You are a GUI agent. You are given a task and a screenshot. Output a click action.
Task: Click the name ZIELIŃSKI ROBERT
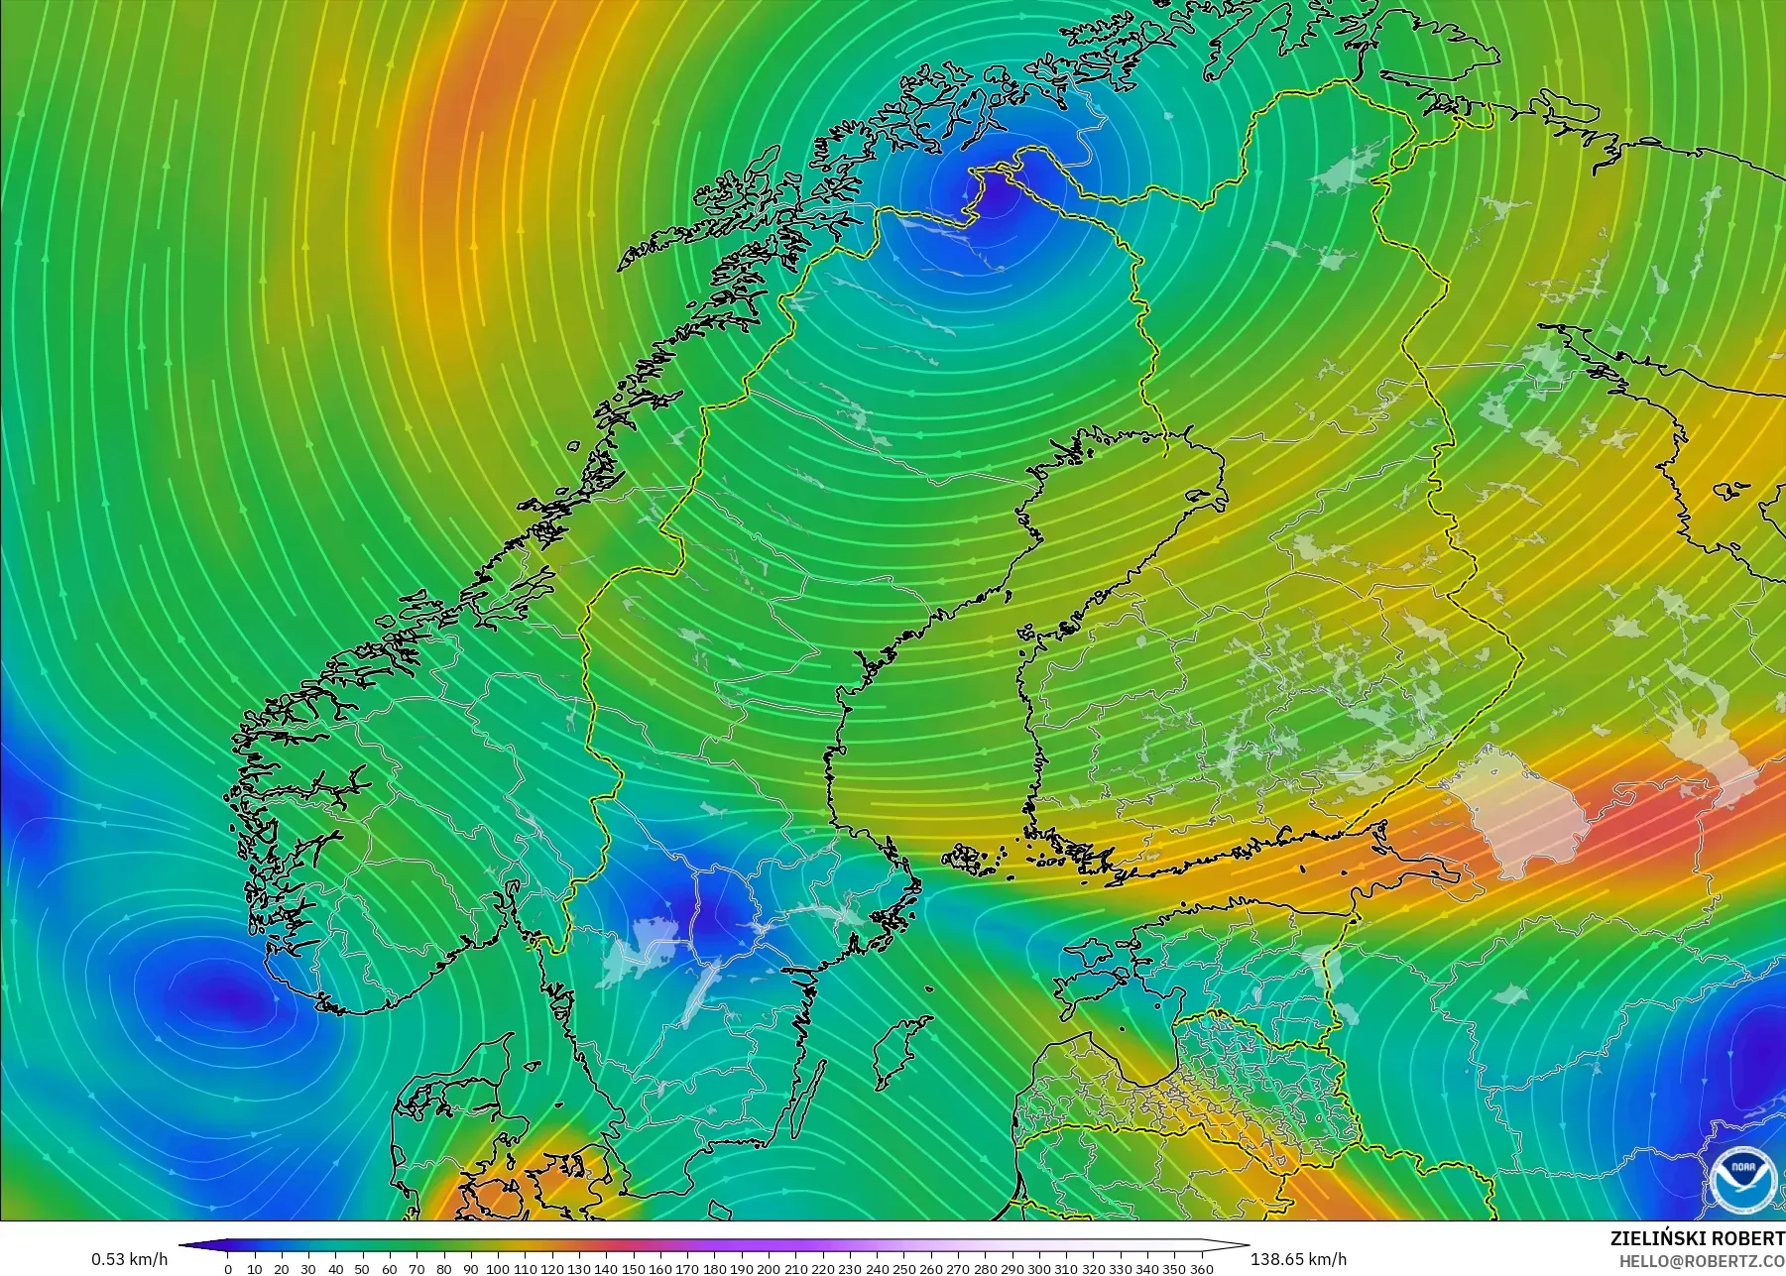pyautogui.click(x=1697, y=1238)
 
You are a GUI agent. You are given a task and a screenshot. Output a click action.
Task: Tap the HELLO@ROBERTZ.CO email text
pyautogui.click(x=1702, y=1261)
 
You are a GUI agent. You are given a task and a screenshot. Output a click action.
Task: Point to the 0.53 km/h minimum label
pyautogui.click(x=130, y=1259)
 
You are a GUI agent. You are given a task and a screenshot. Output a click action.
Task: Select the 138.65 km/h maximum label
pyautogui.click(x=1298, y=1259)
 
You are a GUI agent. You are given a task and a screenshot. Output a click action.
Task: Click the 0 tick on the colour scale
pyautogui.click(x=228, y=1268)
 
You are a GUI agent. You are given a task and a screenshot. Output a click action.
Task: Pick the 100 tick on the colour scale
pyautogui.click(x=498, y=1268)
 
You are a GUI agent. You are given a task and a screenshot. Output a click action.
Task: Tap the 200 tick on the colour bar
pyautogui.click(x=769, y=1268)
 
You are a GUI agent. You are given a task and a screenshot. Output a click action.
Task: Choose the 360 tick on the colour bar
pyautogui.click(x=1201, y=1268)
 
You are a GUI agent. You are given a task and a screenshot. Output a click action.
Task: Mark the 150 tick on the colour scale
pyautogui.click(x=633, y=1268)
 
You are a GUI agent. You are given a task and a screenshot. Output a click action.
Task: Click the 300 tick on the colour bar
pyautogui.click(x=1038, y=1268)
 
